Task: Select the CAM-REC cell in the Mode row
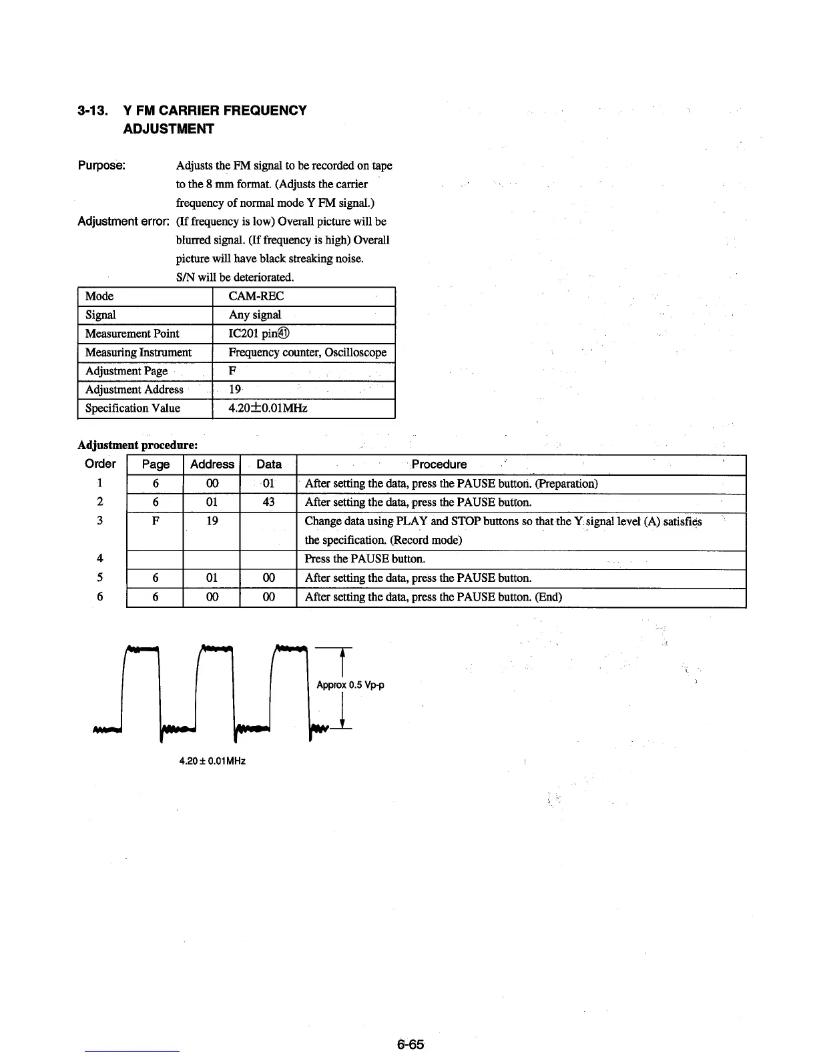[x=256, y=296]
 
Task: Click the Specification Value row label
[x=132, y=408]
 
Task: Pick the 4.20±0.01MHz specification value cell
[x=268, y=408]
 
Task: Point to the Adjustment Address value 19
[x=235, y=390]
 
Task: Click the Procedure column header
[x=439, y=464]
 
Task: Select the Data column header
[x=268, y=464]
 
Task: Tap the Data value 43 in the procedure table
[x=268, y=502]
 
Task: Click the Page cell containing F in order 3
[x=155, y=521]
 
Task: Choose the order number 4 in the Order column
[x=99, y=559]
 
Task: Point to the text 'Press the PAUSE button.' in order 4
[x=364, y=559]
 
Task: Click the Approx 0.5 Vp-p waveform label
[x=350, y=685]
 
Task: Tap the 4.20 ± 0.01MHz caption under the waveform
[x=212, y=761]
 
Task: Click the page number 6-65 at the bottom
[x=409, y=1044]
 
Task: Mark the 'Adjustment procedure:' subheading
[x=138, y=445]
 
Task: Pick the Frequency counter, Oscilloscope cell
[x=307, y=352]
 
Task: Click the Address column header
[x=212, y=464]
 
